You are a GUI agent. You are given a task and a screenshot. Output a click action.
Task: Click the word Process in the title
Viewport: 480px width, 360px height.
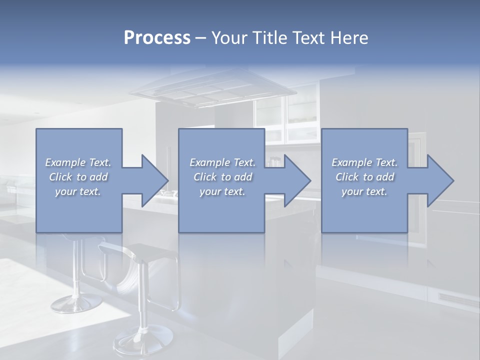[157, 38]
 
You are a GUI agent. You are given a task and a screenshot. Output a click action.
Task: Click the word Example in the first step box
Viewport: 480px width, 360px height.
[65, 162]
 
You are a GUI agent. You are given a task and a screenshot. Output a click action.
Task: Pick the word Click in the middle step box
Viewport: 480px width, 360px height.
[205, 177]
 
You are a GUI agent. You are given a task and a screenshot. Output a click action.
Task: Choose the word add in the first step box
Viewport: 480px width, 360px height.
[99, 177]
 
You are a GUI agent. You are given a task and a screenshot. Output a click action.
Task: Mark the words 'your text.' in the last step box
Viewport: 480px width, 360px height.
[364, 191]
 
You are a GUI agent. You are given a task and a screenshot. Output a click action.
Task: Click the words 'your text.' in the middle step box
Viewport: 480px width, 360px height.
[222, 191]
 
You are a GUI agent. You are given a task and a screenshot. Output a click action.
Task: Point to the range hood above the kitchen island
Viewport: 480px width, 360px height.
[212, 92]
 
